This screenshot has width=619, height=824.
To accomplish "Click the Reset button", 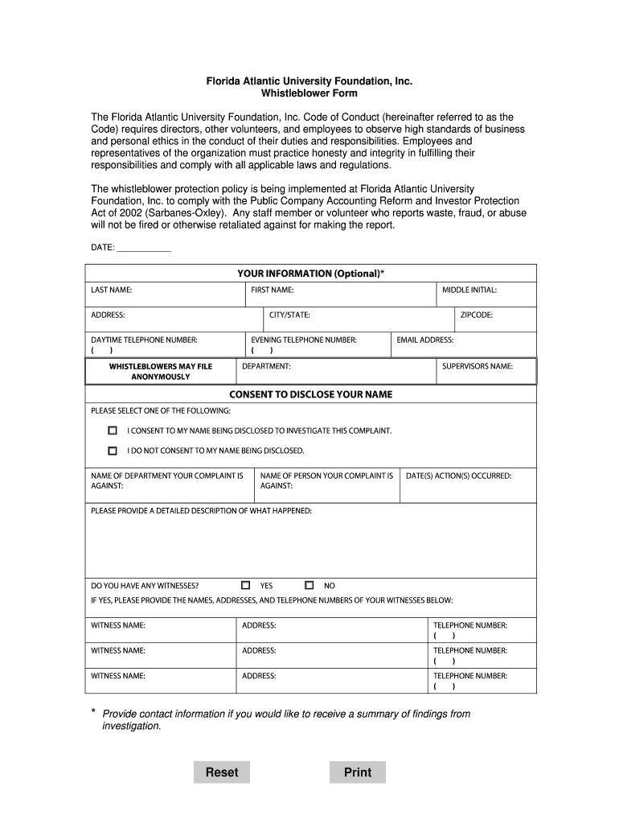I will point(222,772).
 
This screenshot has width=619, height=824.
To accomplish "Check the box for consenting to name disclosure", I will point(113,431).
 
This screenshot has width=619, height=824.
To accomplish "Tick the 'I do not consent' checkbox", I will point(113,451).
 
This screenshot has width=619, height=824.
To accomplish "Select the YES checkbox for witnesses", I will point(246,585).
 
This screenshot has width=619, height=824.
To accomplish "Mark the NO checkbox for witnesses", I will point(309,585).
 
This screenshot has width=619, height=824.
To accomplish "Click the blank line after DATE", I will point(144,248).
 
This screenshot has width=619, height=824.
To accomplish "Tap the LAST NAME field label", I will point(112,290).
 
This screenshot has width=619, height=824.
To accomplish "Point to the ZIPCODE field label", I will point(477,315).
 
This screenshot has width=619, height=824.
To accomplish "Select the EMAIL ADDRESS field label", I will point(425,340).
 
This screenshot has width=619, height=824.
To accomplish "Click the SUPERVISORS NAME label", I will point(478,366).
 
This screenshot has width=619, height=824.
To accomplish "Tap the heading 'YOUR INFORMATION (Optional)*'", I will point(310,274).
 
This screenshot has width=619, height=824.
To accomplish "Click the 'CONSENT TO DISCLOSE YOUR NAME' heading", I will point(310,394).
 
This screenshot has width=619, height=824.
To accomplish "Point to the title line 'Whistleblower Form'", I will point(309,93).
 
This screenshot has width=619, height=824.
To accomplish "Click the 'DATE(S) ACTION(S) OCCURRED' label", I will point(458,476).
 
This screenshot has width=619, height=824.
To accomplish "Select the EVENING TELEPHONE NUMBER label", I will point(304,340).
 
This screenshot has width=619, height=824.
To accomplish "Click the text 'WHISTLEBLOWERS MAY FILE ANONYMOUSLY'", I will point(161,371).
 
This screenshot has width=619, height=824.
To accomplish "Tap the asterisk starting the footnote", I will point(93,712).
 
